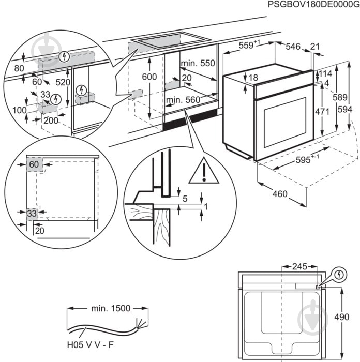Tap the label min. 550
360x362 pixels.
point(197,63)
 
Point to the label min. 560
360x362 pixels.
point(183,100)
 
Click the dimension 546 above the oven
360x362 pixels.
point(293,47)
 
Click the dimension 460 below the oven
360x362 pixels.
point(279,195)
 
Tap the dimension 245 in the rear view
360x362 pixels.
point(299,267)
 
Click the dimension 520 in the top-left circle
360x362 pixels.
point(63,82)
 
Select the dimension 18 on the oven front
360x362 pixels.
point(252,78)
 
